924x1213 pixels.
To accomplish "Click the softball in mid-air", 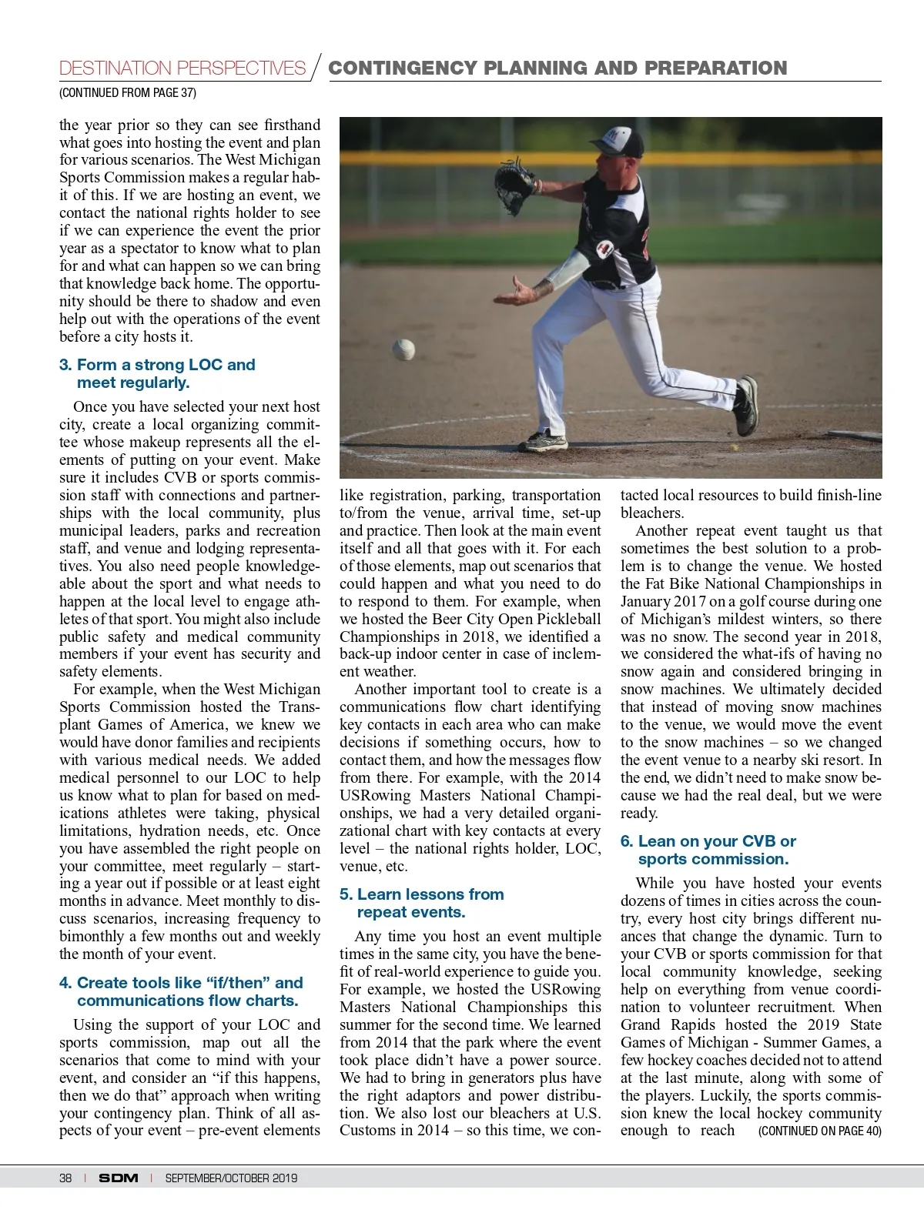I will pyautogui.click(x=403, y=350).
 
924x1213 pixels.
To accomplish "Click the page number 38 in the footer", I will pyautogui.click(x=65, y=1178).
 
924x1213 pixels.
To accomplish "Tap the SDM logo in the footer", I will pyautogui.click(x=119, y=1178).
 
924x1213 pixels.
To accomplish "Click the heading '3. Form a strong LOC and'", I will pyautogui.click(x=157, y=365).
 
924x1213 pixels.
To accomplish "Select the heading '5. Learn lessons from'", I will pyautogui.click(x=421, y=894).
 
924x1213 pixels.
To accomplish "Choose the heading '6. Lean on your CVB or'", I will pyautogui.click(x=708, y=841).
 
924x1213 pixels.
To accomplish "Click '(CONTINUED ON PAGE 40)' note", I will pyautogui.click(x=819, y=1131).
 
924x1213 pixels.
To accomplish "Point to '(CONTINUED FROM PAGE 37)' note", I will pyautogui.click(x=128, y=93).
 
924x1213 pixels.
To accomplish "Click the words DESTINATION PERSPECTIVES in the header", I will pyautogui.click(x=182, y=69).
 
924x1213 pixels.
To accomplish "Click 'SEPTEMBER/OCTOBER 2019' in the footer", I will pyautogui.click(x=231, y=1178).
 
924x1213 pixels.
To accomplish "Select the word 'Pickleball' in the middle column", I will pyautogui.click(x=566, y=619).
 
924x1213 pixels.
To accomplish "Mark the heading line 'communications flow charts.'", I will pyautogui.click(x=187, y=1001).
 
